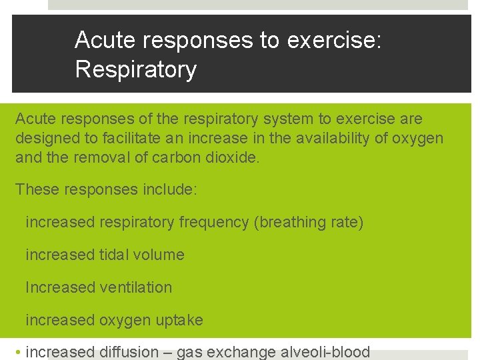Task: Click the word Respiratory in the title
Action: coord(136,69)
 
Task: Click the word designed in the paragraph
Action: coord(46,139)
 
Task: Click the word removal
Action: coord(96,158)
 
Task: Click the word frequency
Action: coord(213,222)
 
